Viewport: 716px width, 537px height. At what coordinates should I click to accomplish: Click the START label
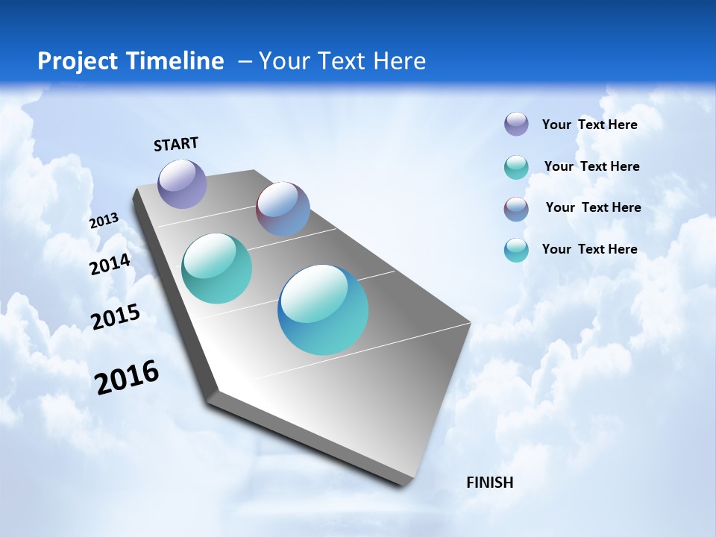pos(176,144)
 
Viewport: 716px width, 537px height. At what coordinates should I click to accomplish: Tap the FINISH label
pos(489,483)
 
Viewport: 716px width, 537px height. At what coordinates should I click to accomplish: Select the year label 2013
pos(104,221)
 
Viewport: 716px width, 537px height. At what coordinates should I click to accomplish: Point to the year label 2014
pos(110,264)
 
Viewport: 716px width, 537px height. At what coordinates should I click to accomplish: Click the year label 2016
pos(127,377)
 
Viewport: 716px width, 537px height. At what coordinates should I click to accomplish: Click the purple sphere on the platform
pos(182,183)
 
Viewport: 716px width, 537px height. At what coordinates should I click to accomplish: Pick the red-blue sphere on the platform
pos(283,209)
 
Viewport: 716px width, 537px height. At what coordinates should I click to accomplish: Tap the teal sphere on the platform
pos(216,268)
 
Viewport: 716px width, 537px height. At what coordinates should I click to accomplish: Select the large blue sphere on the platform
pos(323,310)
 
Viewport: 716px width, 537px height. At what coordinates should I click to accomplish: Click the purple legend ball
pos(516,124)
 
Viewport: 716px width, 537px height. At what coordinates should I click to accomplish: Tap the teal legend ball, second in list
pos(516,167)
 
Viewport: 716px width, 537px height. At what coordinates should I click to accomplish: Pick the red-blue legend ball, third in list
pos(516,209)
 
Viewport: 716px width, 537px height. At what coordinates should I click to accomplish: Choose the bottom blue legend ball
pos(516,250)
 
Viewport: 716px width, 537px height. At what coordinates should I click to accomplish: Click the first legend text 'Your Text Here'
pos(589,125)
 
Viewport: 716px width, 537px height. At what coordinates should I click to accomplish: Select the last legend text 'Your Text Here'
pos(589,249)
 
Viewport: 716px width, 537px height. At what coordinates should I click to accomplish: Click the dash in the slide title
pos(245,61)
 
